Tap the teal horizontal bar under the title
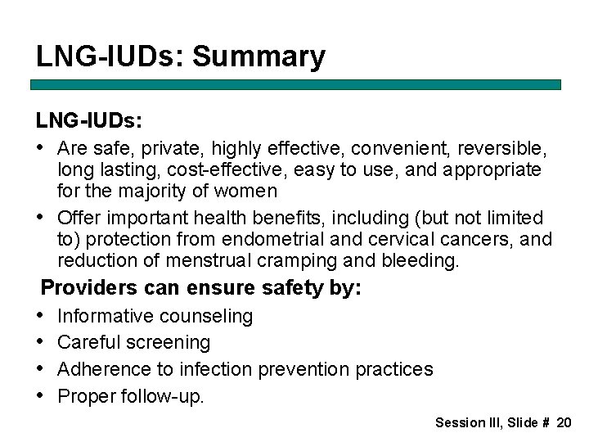coord(295,84)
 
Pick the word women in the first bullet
coord(249,192)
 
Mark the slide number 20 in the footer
coord(564,422)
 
